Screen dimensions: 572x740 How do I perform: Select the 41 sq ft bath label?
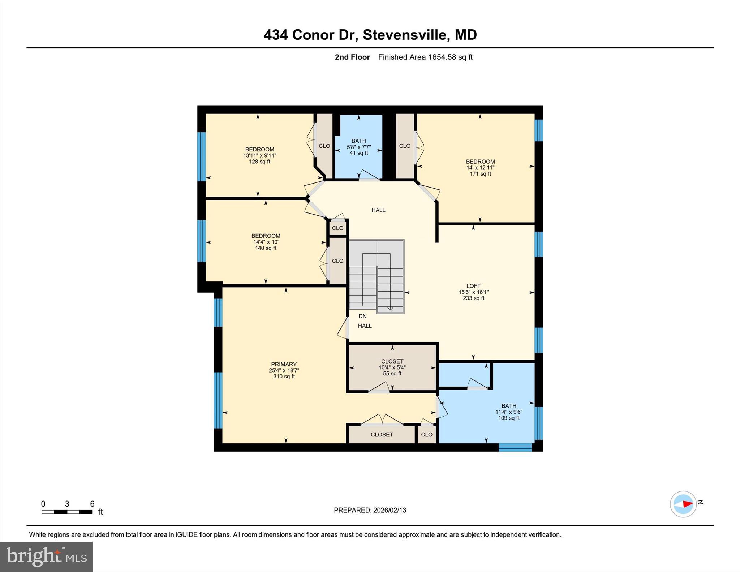[359, 147]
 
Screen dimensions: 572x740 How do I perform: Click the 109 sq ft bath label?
[509, 412]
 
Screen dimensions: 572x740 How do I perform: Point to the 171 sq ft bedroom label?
[480, 167]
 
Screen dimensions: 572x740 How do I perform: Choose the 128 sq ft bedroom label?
[259, 155]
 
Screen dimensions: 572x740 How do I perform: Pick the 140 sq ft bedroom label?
[266, 242]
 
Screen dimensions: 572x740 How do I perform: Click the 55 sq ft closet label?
[392, 367]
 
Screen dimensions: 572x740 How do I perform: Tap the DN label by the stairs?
[362, 316]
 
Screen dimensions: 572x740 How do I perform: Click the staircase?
[377, 276]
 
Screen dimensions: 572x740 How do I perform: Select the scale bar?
[67, 512]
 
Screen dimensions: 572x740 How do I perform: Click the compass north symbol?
[683, 504]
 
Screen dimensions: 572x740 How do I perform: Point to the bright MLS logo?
[46, 556]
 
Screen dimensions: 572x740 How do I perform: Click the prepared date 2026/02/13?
[370, 510]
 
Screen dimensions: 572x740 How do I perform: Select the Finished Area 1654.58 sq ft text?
[425, 57]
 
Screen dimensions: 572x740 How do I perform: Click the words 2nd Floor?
[352, 57]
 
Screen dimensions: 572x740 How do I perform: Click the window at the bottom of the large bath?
[515, 447]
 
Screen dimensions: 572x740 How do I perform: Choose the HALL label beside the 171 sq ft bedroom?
[378, 210]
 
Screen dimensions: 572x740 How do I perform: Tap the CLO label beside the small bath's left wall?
[324, 146]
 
